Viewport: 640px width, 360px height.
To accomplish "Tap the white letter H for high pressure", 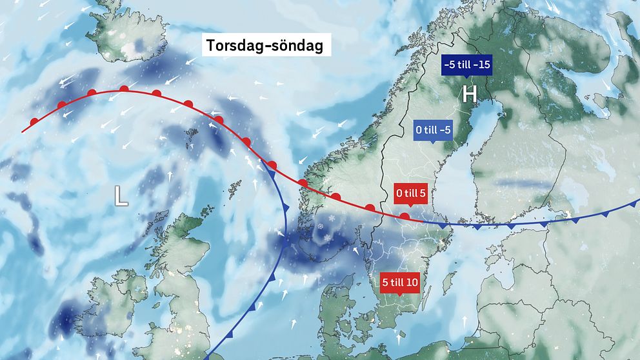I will coord(469,95).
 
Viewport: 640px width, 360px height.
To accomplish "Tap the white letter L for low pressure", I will coord(121,195).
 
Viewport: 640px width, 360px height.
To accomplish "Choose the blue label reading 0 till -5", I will coord(433,130).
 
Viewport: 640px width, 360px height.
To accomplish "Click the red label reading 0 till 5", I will coord(410,192).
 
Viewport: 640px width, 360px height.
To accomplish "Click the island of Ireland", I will coord(106,303).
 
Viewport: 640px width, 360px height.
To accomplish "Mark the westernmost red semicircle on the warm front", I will coord(34,121).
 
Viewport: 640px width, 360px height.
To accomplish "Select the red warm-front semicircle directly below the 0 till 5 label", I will coord(405,216).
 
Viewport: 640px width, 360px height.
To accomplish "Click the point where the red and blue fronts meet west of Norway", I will coord(263,159).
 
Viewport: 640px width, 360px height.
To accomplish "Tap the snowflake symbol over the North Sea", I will coord(321,226).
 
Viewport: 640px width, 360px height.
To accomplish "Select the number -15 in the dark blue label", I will coord(481,65).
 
